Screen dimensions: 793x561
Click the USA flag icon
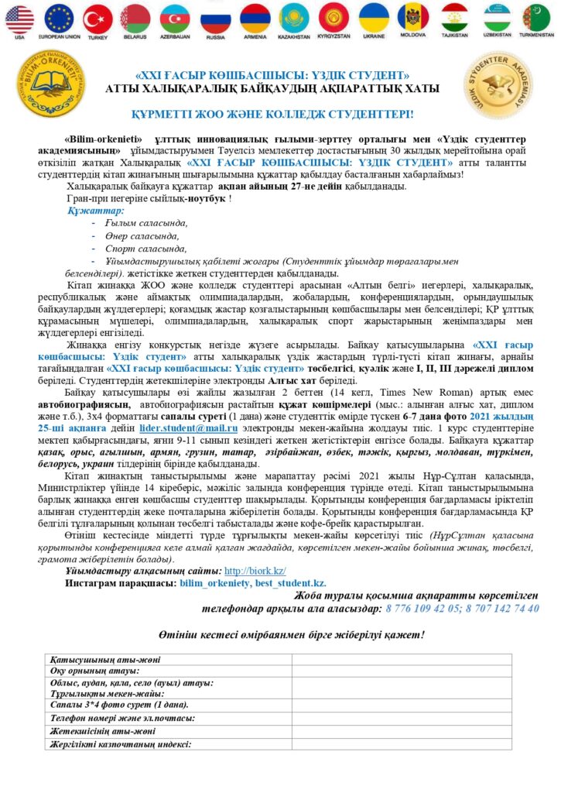(x=20, y=18)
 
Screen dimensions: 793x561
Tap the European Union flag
(x=59, y=18)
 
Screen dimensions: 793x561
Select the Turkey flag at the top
(x=97, y=19)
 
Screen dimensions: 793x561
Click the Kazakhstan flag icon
(x=294, y=18)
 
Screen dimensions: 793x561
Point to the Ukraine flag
(x=373, y=18)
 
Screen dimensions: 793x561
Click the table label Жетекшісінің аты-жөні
(x=102, y=731)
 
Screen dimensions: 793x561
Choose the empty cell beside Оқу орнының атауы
(x=402, y=671)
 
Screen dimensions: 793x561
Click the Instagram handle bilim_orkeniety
(x=216, y=582)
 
